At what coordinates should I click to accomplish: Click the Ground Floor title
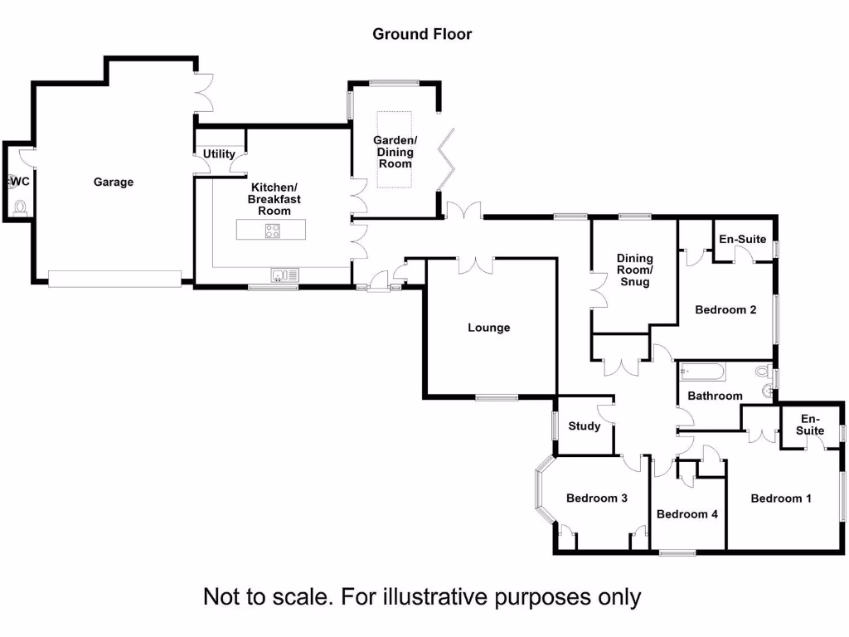(x=422, y=34)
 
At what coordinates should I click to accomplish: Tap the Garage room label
(x=113, y=182)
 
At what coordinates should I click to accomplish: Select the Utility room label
(x=219, y=154)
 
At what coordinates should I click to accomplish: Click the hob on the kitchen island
(x=273, y=231)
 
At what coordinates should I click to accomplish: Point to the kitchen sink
(x=284, y=275)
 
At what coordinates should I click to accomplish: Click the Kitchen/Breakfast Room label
(x=274, y=199)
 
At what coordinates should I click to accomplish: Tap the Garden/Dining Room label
(x=395, y=152)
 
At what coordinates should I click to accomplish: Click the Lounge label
(x=489, y=328)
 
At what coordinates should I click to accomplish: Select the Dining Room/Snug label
(x=634, y=270)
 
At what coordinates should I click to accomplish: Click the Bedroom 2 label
(x=725, y=310)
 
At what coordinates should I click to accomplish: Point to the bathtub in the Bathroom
(x=702, y=372)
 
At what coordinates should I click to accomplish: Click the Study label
(x=585, y=426)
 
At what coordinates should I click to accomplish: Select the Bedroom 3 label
(x=596, y=498)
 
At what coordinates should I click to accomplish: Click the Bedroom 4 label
(x=687, y=514)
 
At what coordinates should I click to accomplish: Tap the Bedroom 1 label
(x=781, y=498)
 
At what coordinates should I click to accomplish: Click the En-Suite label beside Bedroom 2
(x=742, y=239)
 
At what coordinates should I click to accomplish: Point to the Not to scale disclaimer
(x=422, y=596)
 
